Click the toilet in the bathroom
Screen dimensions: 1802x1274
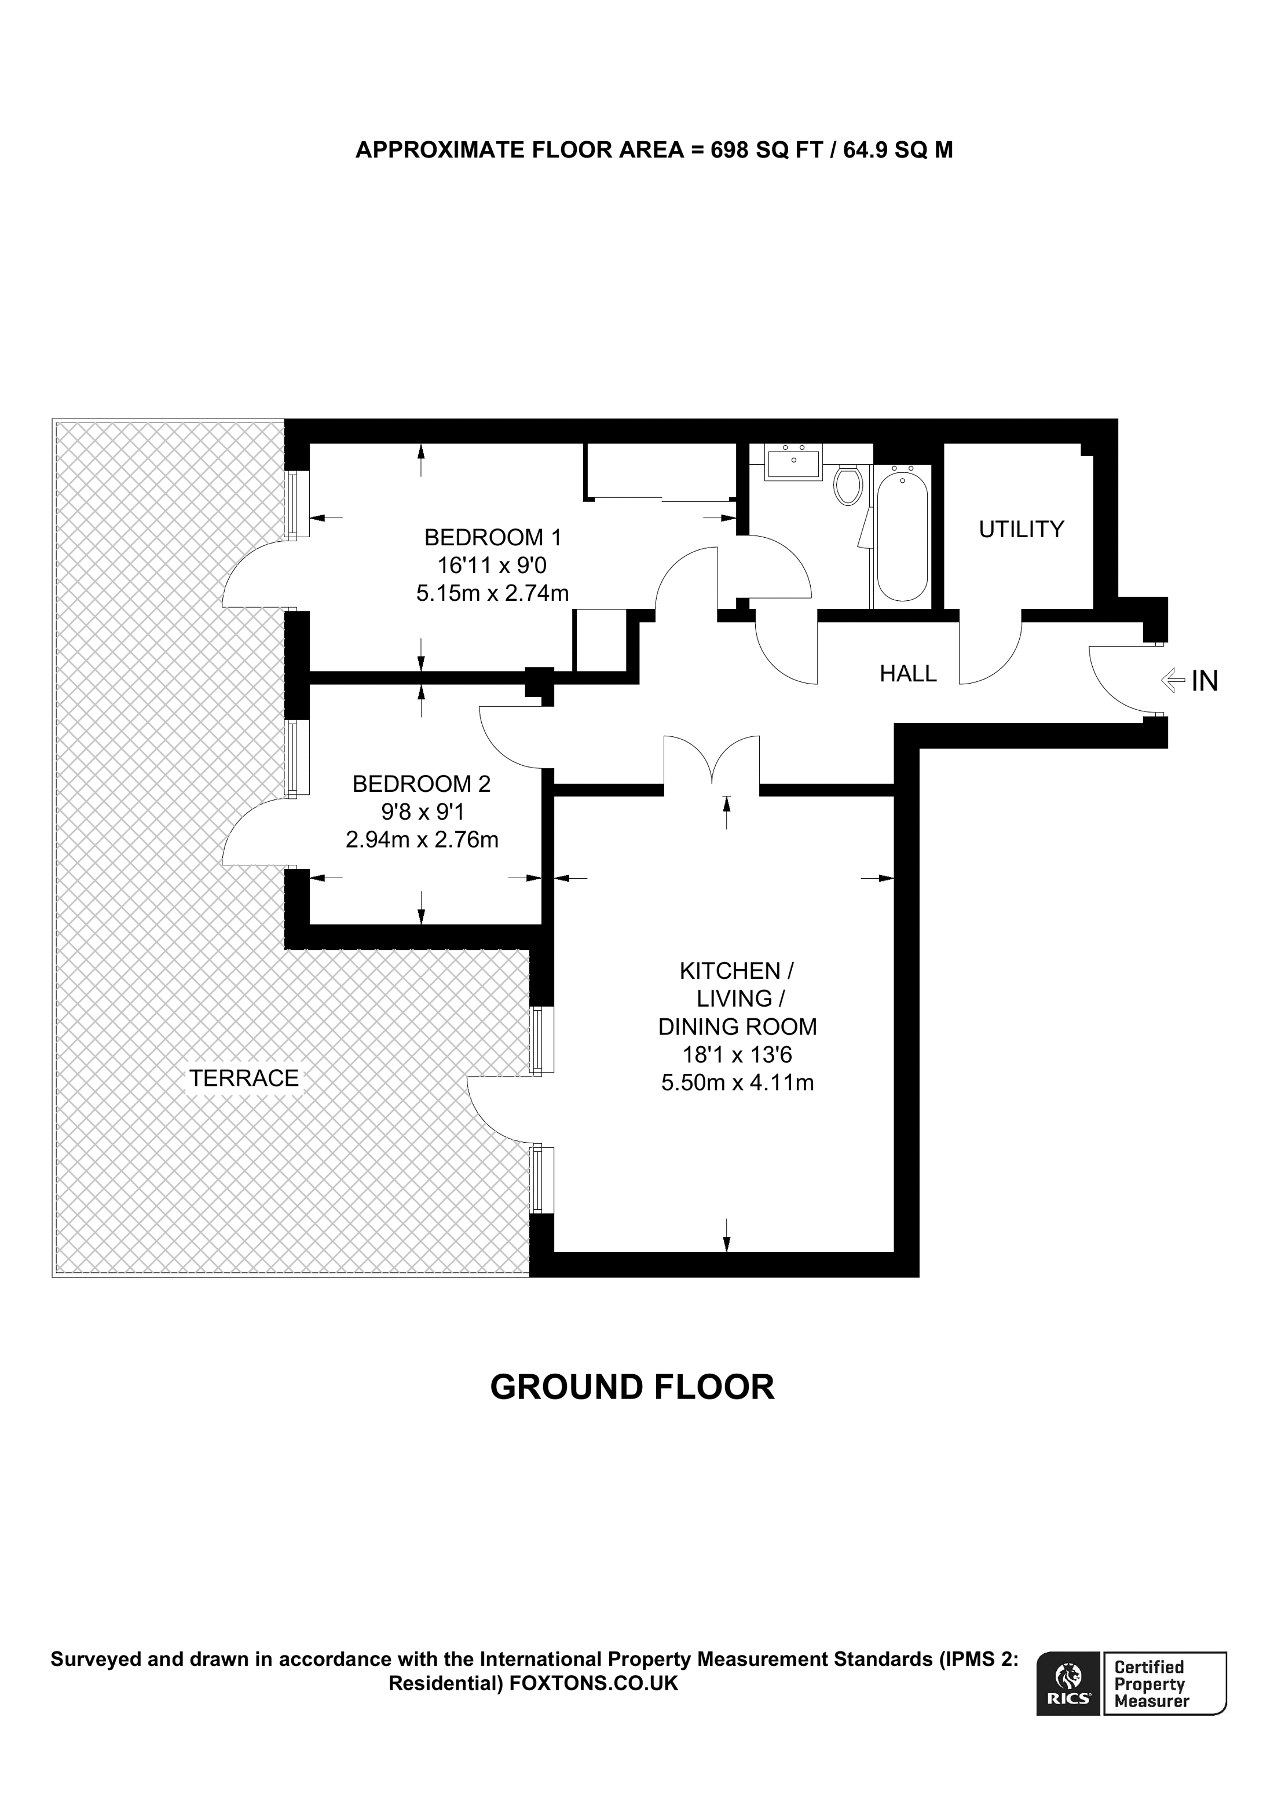click(848, 485)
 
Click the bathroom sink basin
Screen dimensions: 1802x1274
click(793, 463)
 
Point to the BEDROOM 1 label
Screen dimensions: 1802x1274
click(493, 538)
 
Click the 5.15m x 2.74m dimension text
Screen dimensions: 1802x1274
click(492, 593)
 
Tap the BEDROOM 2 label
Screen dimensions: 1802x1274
click(422, 784)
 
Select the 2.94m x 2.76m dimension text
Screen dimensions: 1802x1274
click(422, 840)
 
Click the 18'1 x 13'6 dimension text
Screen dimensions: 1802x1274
click(737, 1055)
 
